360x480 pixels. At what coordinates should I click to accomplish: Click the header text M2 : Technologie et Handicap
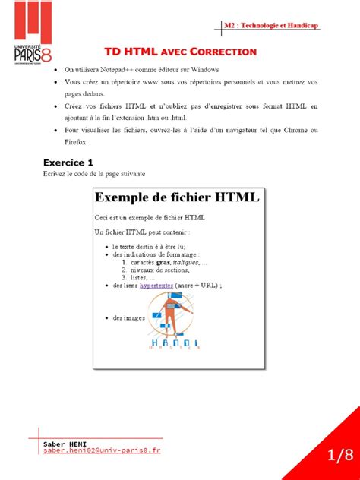pyautogui.click(x=271, y=26)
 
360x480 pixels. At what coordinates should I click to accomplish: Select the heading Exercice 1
pyautogui.click(x=68, y=162)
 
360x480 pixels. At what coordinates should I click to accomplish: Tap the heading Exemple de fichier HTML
pyautogui.click(x=177, y=198)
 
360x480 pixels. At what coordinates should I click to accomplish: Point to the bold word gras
pyautogui.click(x=163, y=262)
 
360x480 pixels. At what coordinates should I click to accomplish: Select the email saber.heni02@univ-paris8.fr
pyautogui.click(x=103, y=450)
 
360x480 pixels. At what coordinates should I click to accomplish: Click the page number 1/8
pyautogui.click(x=340, y=456)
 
